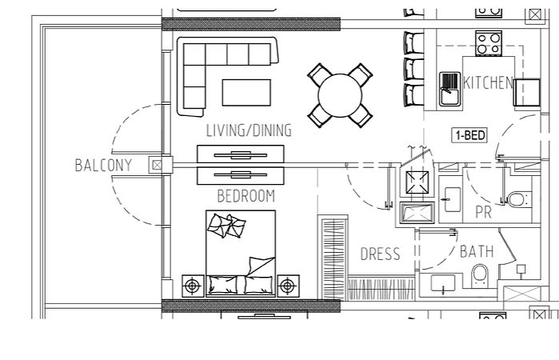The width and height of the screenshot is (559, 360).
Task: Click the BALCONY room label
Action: click(x=103, y=165)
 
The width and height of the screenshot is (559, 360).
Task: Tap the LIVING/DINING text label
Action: click(x=249, y=130)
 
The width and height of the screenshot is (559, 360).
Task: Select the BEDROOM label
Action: click(x=246, y=196)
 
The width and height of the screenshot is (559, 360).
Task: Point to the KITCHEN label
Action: click(x=488, y=82)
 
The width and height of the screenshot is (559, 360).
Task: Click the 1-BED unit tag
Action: click(x=469, y=135)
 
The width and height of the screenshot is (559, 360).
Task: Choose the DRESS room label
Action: click(x=380, y=254)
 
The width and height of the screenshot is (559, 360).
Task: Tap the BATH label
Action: click(x=477, y=251)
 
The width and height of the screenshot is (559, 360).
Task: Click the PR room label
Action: click(x=484, y=212)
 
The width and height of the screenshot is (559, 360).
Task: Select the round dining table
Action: click(x=340, y=96)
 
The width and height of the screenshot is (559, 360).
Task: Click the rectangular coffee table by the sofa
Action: click(x=246, y=93)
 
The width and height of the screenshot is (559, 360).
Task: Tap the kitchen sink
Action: click(x=449, y=90)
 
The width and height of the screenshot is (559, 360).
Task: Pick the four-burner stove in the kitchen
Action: click(x=489, y=43)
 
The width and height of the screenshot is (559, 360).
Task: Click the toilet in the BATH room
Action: click(x=480, y=274)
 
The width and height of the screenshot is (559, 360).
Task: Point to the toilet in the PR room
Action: click(x=518, y=199)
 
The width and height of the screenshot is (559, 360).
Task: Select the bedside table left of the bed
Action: click(x=193, y=286)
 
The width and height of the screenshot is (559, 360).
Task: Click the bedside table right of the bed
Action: click(x=288, y=286)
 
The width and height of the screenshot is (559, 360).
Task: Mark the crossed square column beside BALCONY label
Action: click(x=157, y=165)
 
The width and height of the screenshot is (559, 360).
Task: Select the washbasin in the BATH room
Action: click(x=443, y=283)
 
